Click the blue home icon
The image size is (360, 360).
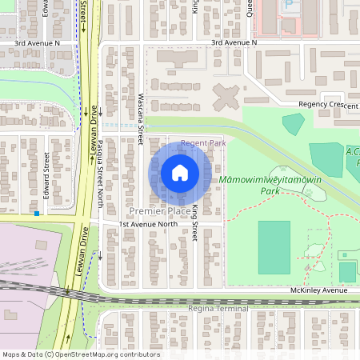point(180,173)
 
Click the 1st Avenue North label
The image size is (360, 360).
point(149,225)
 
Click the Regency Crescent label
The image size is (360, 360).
point(328,105)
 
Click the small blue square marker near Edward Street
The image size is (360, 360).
point(37,214)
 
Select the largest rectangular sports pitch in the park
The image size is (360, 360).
point(274,247)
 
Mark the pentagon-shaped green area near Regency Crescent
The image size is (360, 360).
point(293,123)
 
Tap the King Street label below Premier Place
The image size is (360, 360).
point(194,228)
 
